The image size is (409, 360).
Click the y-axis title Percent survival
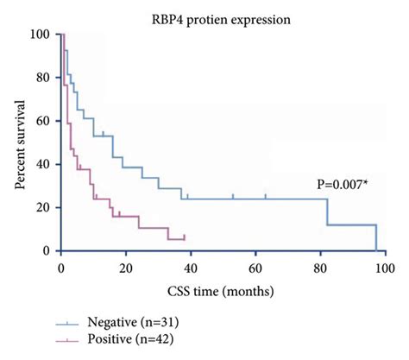click(19, 142)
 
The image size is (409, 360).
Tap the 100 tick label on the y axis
click(38, 35)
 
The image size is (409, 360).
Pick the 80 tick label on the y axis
click(41, 78)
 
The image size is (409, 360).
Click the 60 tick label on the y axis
click(41, 121)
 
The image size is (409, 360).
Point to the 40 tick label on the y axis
click(41, 164)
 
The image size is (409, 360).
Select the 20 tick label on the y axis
click(41, 207)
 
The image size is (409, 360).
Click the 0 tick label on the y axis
click(44, 250)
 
